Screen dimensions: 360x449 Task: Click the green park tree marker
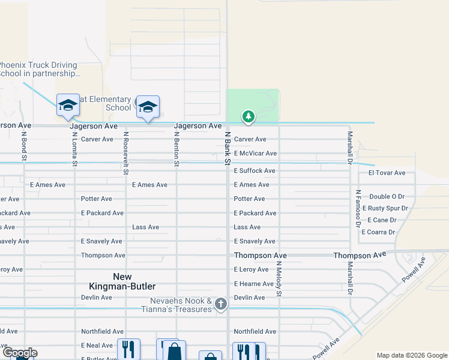click(x=249, y=116)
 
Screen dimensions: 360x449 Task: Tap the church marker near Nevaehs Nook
click(x=220, y=304)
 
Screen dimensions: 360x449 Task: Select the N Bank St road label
click(x=228, y=149)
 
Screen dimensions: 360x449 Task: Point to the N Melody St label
click(x=279, y=277)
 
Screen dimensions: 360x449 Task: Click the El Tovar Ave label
click(x=387, y=173)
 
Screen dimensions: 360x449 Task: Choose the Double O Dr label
click(x=387, y=196)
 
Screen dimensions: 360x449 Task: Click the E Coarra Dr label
click(x=378, y=232)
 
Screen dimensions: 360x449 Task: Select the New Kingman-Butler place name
click(x=134, y=281)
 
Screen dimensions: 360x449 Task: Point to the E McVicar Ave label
click(x=255, y=154)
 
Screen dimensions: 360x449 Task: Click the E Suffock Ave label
click(x=255, y=171)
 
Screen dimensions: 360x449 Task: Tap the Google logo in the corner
click(x=19, y=353)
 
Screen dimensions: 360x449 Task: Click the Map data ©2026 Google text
click(x=411, y=355)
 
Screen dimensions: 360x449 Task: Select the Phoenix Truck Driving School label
click(x=39, y=69)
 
